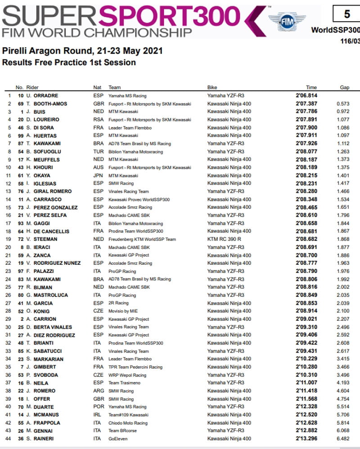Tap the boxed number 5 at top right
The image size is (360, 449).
[x=346, y=14]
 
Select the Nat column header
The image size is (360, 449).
[x=97, y=87]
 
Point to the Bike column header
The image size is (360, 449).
[x=212, y=87]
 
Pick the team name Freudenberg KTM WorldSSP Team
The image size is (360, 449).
[x=142, y=239]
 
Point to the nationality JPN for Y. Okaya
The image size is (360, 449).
[x=98, y=176]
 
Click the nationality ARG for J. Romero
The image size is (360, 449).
[x=98, y=391]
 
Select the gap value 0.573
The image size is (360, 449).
[x=343, y=104]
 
